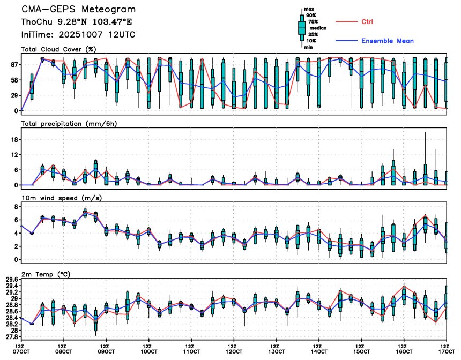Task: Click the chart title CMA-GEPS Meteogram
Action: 78,10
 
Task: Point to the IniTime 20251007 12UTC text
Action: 78,34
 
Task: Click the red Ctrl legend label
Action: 367,22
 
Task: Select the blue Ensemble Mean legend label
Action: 387,41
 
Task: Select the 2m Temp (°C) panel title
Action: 47,274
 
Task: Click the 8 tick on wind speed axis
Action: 17,206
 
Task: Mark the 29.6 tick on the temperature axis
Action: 11,279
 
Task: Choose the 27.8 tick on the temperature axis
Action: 11,337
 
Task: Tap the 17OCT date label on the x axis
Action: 446,351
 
